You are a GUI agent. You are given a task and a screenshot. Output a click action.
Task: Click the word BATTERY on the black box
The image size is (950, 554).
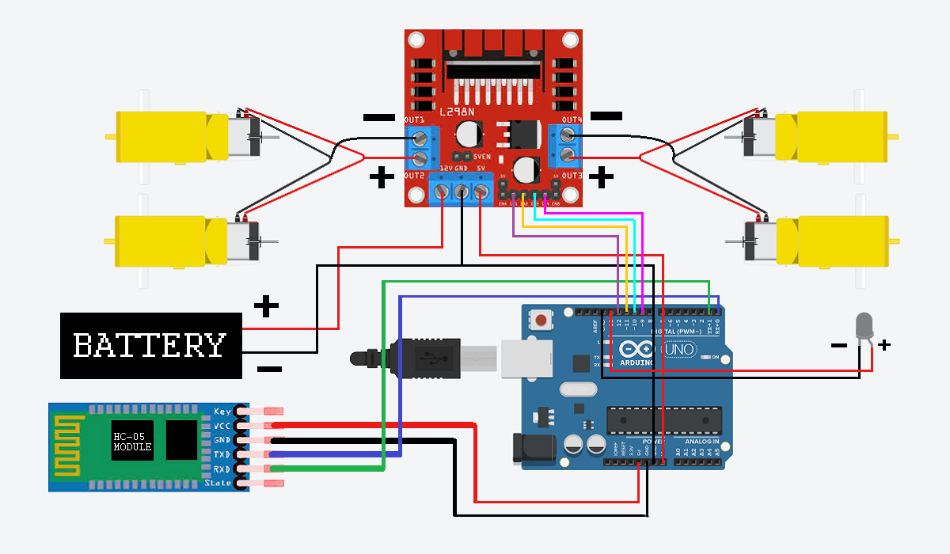tap(150, 346)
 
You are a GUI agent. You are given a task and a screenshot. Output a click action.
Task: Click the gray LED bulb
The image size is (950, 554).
tap(864, 326)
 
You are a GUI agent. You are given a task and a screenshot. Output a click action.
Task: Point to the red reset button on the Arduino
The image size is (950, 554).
tap(541, 321)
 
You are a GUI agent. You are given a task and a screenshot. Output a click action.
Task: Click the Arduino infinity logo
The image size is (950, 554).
tap(636, 349)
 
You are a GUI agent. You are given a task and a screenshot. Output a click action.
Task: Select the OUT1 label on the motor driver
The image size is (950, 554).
tap(415, 120)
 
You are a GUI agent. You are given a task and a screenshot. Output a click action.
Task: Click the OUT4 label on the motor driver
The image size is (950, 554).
tap(572, 120)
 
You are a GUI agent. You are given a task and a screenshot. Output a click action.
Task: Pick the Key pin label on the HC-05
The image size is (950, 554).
tap(222, 412)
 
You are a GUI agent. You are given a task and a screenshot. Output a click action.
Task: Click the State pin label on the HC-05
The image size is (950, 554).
tap(218, 483)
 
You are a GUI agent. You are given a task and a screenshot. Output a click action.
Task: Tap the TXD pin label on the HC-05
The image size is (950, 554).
tap(222, 454)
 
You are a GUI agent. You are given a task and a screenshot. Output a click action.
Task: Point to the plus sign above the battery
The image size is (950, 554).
tap(266, 305)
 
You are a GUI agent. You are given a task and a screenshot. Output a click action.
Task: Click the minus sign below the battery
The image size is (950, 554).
tap(269, 369)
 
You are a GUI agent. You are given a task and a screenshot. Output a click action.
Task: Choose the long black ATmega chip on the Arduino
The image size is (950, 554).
tap(664, 420)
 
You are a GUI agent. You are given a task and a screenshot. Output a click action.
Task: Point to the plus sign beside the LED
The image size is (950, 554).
tap(884, 345)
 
